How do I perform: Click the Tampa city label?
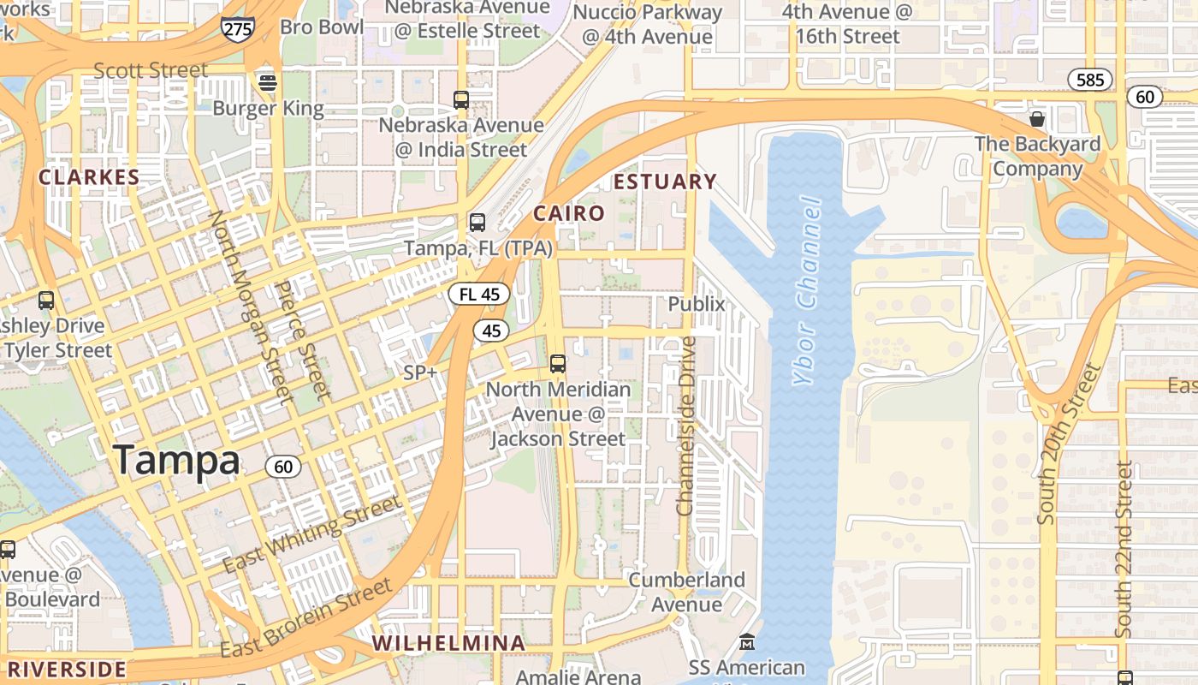[176, 461]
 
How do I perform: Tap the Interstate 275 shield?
[237, 28]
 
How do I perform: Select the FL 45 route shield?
[479, 295]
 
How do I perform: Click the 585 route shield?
[1090, 80]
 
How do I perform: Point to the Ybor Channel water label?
[807, 291]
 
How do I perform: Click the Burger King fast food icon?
[268, 83]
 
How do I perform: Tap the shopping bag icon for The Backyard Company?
[1037, 118]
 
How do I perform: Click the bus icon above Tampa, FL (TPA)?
[477, 223]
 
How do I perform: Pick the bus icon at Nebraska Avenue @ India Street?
[461, 100]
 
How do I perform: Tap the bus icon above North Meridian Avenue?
[558, 364]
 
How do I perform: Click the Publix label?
[696, 304]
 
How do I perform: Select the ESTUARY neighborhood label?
[665, 182]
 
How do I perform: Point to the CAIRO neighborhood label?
[569, 213]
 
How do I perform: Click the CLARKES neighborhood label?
[89, 177]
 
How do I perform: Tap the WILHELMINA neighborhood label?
[448, 643]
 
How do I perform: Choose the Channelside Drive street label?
[685, 426]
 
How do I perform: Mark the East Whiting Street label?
[312, 534]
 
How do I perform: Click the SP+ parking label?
[420, 372]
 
